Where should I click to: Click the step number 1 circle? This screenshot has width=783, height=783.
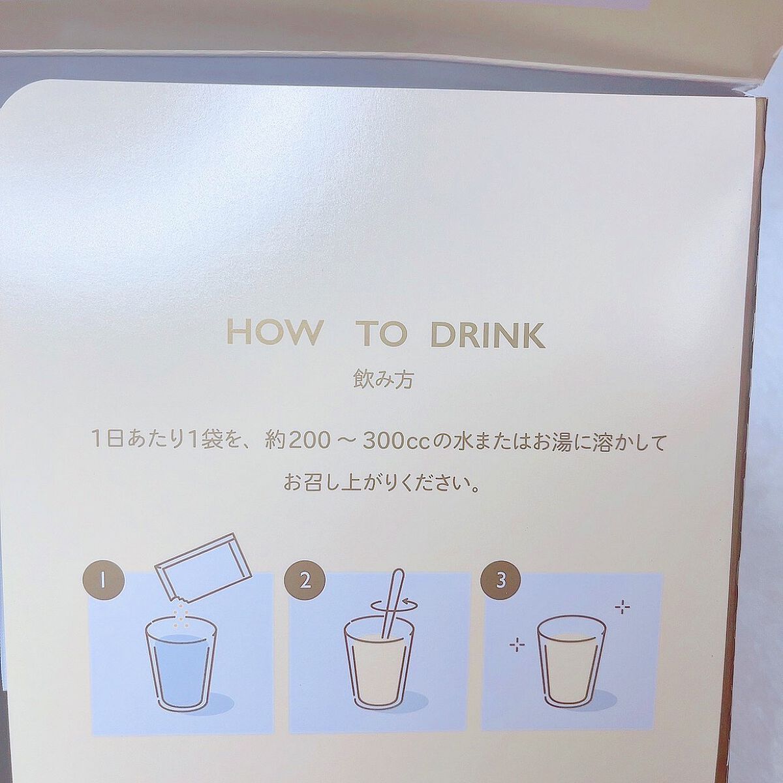pyautogui.click(x=103, y=581)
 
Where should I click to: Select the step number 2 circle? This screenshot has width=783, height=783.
pyautogui.click(x=305, y=581)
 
